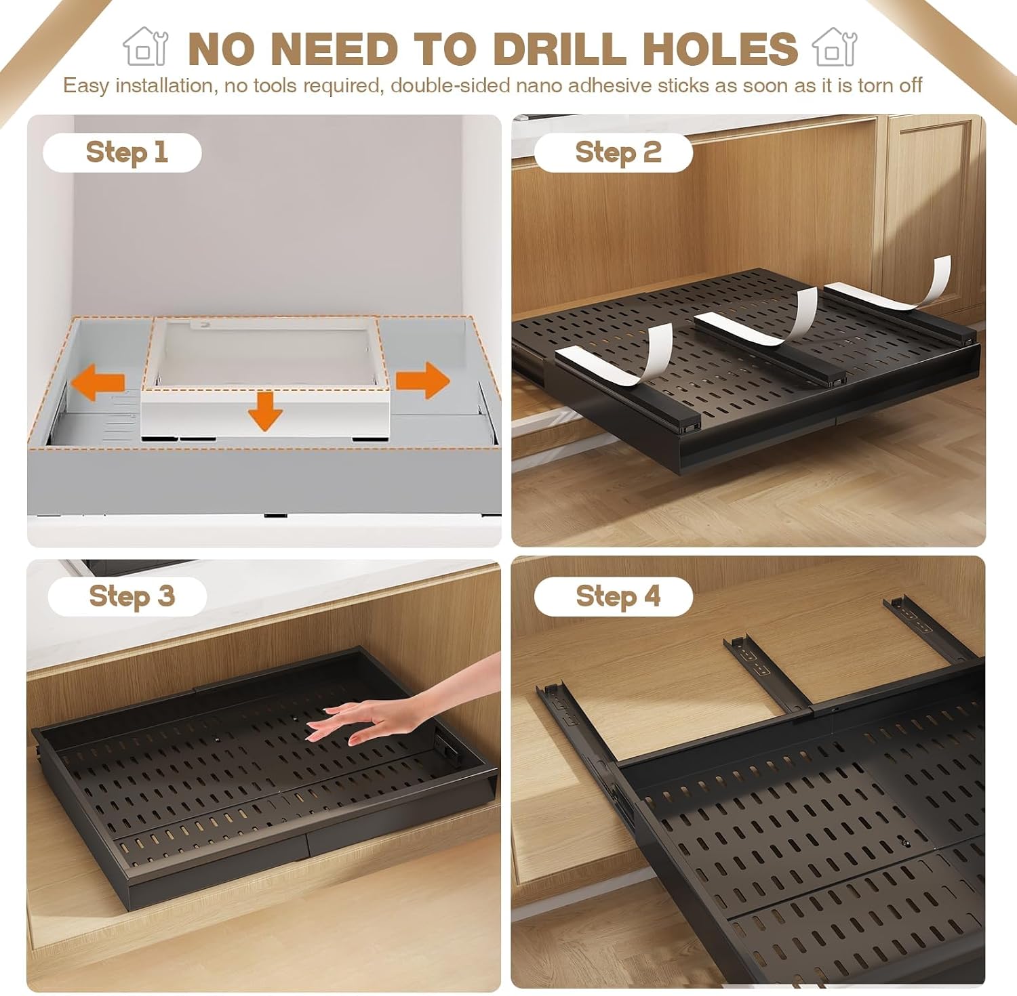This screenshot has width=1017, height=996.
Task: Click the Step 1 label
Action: [x=126, y=152]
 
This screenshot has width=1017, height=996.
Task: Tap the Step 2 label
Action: [x=618, y=152]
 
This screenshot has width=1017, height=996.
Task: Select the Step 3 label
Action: [x=132, y=596]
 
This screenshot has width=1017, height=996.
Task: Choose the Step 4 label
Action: [x=618, y=596]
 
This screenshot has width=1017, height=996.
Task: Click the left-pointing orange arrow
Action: [x=98, y=381]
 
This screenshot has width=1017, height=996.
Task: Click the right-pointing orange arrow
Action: [x=422, y=379]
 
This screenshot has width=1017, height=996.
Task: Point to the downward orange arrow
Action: [x=265, y=411]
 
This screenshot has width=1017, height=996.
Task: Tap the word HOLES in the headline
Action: [x=720, y=49]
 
